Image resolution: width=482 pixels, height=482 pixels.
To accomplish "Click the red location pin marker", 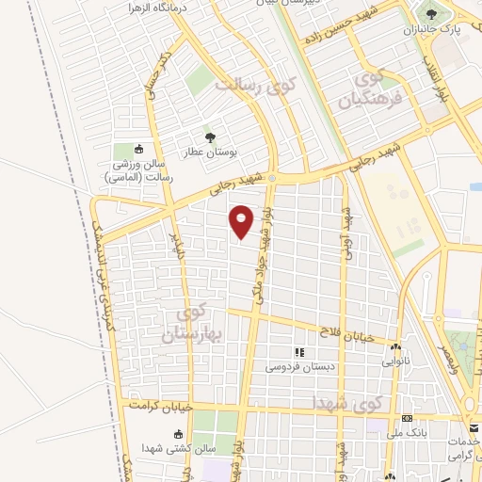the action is tap(242, 221).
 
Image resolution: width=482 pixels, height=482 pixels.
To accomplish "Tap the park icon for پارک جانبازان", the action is tap(431, 15).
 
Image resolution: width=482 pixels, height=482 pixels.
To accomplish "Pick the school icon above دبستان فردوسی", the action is tap(300, 352).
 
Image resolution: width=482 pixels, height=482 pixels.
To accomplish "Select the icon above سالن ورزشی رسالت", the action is tap(139, 149).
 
